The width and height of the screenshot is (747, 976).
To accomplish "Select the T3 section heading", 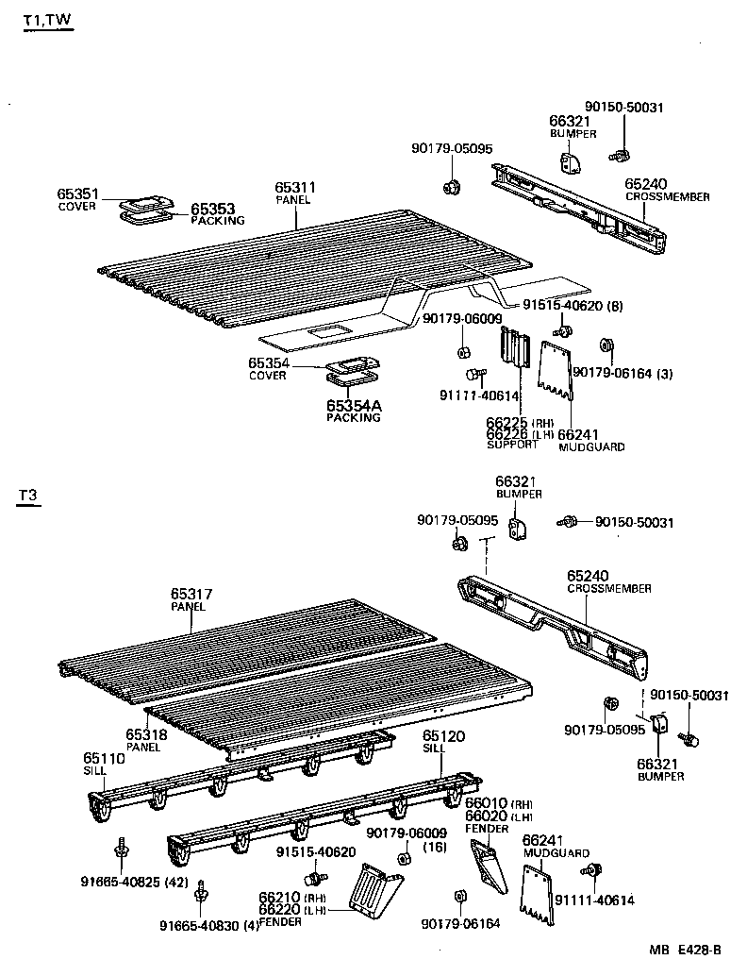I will click(29, 496).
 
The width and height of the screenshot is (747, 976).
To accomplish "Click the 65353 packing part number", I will click(213, 209).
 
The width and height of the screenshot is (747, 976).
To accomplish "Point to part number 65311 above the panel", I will click(295, 188).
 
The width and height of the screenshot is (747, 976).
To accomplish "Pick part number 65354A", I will click(354, 406).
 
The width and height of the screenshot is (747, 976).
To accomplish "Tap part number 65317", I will click(191, 594).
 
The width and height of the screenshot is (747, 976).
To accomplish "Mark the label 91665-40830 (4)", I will click(207, 925).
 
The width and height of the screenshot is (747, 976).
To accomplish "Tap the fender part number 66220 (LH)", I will click(281, 910).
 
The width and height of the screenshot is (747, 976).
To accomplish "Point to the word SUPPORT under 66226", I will click(512, 445).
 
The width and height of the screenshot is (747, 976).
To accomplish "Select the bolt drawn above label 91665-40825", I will click(122, 847).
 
